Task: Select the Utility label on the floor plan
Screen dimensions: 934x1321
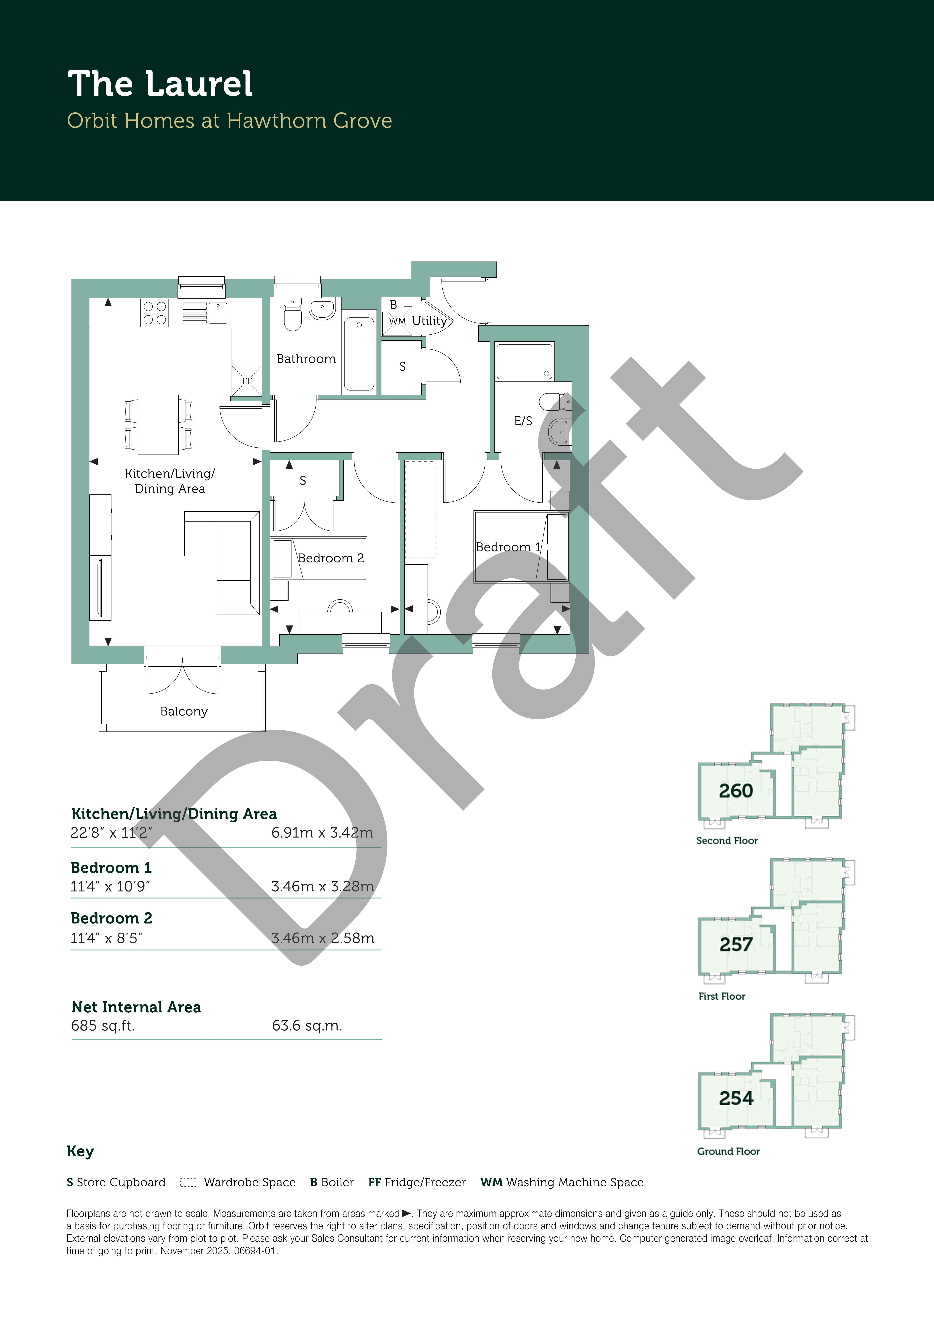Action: pyautogui.click(x=429, y=321)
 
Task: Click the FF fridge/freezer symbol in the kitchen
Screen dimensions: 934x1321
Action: pyautogui.click(x=247, y=381)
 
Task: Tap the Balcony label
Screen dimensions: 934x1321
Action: pyautogui.click(x=184, y=712)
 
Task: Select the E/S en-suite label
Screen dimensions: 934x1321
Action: pyautogui.click(x=523, y=421)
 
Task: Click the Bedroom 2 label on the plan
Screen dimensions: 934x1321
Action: pyautogui.click(x=331, y=558)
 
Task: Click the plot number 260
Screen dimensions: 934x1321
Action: pyautogui.click(x=735, y=791)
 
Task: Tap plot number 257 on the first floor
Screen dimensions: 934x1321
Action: pyautogui.click(x=736, y=945)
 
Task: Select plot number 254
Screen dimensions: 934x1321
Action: pyautogui.click(x=736, y=1098)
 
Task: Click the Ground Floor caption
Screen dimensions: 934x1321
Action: pyautogui.click(x=729, y=1151)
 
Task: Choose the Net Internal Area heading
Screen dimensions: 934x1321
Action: pyautogui.click(x=136, y=1007)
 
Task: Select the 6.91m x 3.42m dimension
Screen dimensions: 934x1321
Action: pyautogui.click(x=322, y=833)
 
